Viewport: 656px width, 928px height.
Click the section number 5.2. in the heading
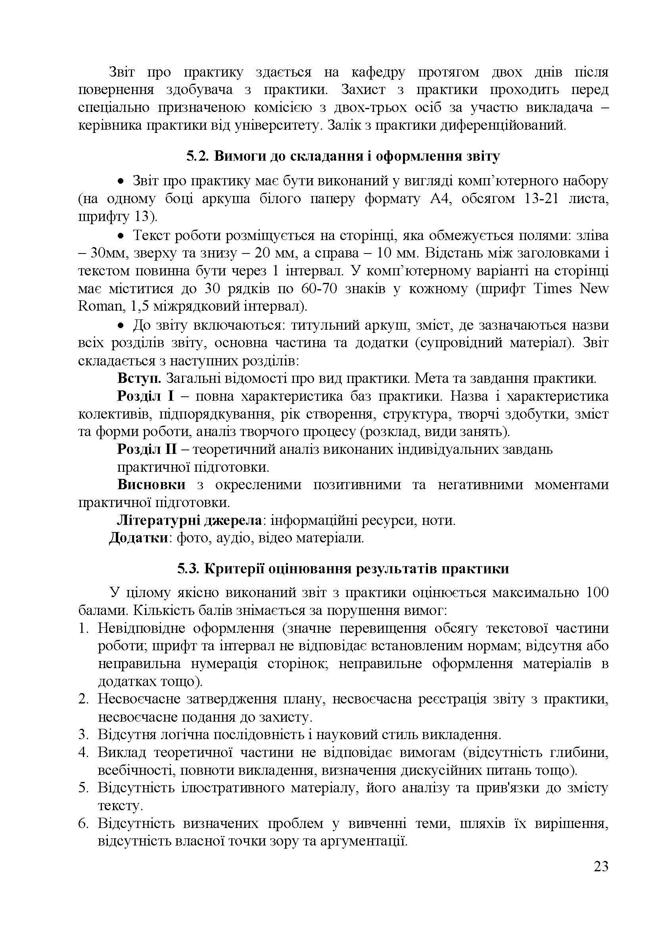click(197, 156)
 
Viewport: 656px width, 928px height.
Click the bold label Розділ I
click(146, 396)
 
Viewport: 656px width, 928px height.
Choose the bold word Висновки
click(152, 484)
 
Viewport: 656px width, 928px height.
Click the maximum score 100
click(596, 592)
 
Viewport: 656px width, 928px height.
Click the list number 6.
click(83, 823)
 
